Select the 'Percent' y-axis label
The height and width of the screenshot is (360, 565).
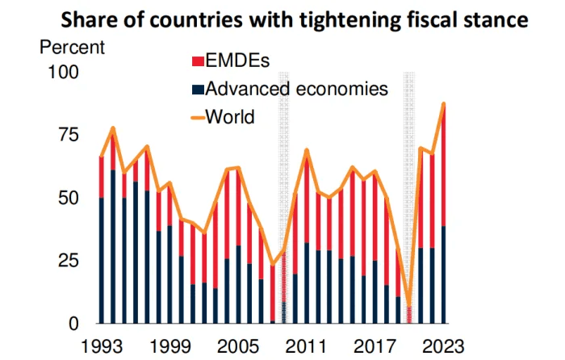click(x=72, y=46)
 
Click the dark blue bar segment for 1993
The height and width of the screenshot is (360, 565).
click(x=101, y=260)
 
